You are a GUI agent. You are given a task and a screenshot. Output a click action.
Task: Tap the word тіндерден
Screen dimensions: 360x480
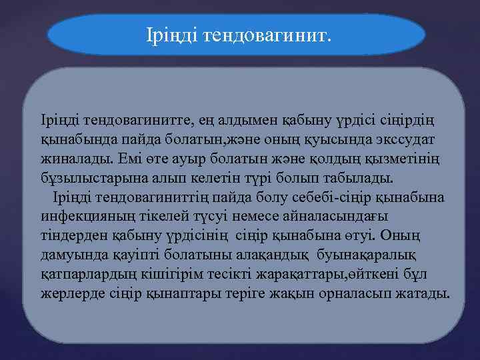[69, 236]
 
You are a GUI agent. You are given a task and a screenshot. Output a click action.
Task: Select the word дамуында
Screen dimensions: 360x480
[69, 255]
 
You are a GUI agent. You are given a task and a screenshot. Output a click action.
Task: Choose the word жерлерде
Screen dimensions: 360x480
[68, 294]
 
